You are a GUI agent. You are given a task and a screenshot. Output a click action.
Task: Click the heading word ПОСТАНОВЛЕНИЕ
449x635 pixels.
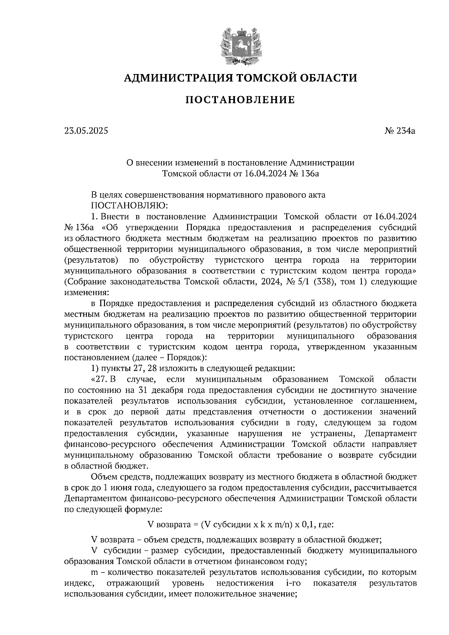coord(240,100)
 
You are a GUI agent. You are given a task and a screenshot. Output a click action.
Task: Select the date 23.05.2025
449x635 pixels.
coord(86,131)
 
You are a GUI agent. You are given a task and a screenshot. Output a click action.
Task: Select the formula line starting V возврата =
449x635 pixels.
coord(240,525)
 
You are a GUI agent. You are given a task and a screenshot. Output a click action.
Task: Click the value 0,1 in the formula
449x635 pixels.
coord(308,525)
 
